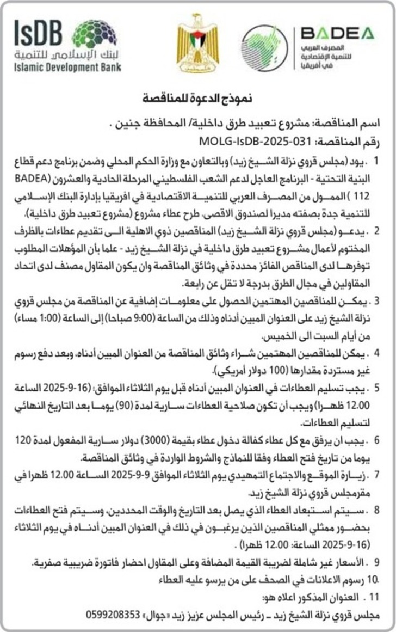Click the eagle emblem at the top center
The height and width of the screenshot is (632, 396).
point(197,47)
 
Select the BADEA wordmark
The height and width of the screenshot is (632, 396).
point(337,33)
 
